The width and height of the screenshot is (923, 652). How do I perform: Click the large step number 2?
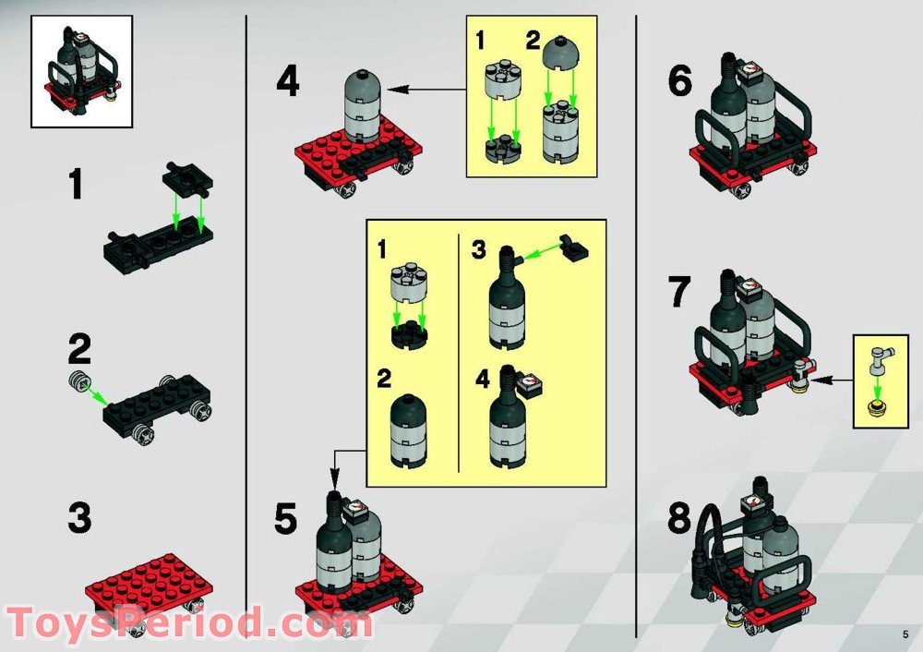tap(79, 351)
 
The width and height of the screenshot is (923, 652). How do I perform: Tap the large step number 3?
tap(80, 517)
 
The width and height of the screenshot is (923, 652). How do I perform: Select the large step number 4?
tap(288, 83)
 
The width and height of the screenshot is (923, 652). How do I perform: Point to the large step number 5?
tap(287, 520)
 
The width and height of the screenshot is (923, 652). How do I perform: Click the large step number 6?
tap(680, 83)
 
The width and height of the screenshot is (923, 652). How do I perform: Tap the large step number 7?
tap(680, 292)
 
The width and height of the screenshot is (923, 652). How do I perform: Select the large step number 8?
tap(680, 519)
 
